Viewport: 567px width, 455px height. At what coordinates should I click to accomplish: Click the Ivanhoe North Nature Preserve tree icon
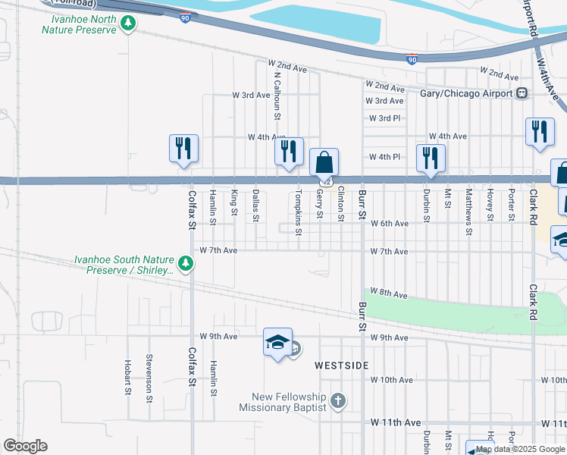click(x=128, y=24)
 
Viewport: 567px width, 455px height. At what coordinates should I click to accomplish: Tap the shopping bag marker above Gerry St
click(x=324, y=162)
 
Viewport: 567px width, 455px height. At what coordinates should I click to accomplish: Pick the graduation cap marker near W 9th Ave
click(x=277, y=344)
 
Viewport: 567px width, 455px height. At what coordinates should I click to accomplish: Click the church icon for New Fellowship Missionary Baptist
click(x=338, y=400)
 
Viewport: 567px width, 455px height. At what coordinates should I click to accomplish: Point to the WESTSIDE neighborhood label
click(x=342, y=366)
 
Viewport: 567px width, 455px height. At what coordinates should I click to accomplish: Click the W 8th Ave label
click(x=389, y=293)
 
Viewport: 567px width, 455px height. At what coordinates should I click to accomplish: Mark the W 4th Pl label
click(x=384, y=157)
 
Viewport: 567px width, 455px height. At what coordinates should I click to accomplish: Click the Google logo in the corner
click(x=25, y=446)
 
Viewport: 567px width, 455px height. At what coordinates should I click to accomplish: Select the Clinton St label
click(x=341, y=205)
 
